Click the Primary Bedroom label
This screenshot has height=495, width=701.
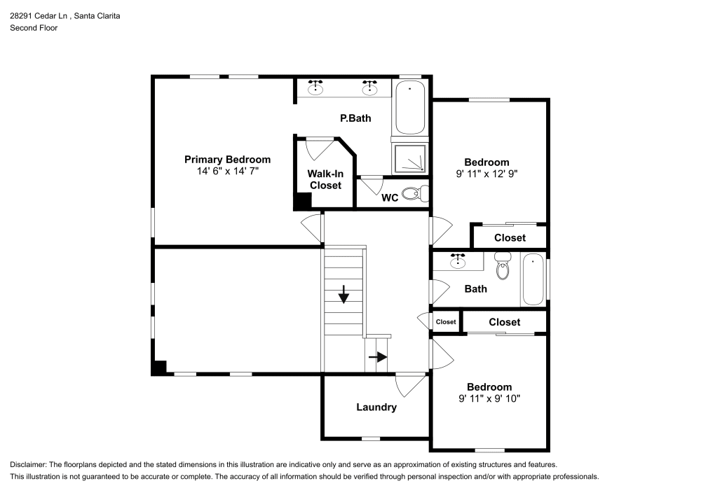point(227,160)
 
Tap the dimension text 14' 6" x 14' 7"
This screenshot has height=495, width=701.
point(227,171)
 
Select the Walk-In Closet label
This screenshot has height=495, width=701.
point(325,179)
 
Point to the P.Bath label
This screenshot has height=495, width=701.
point(355,118)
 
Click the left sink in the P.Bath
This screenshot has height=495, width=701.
point(316,87)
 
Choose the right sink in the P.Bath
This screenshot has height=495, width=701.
point(369,87)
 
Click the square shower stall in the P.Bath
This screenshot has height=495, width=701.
point(410,159)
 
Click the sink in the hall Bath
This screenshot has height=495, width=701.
point(458,262)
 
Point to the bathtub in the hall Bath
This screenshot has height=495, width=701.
point(533,279)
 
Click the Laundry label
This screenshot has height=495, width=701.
point(376,407)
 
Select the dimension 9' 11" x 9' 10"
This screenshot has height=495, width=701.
point(489,398)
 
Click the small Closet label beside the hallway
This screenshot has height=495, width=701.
point(446,322)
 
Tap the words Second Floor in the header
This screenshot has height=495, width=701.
point(34,28)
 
